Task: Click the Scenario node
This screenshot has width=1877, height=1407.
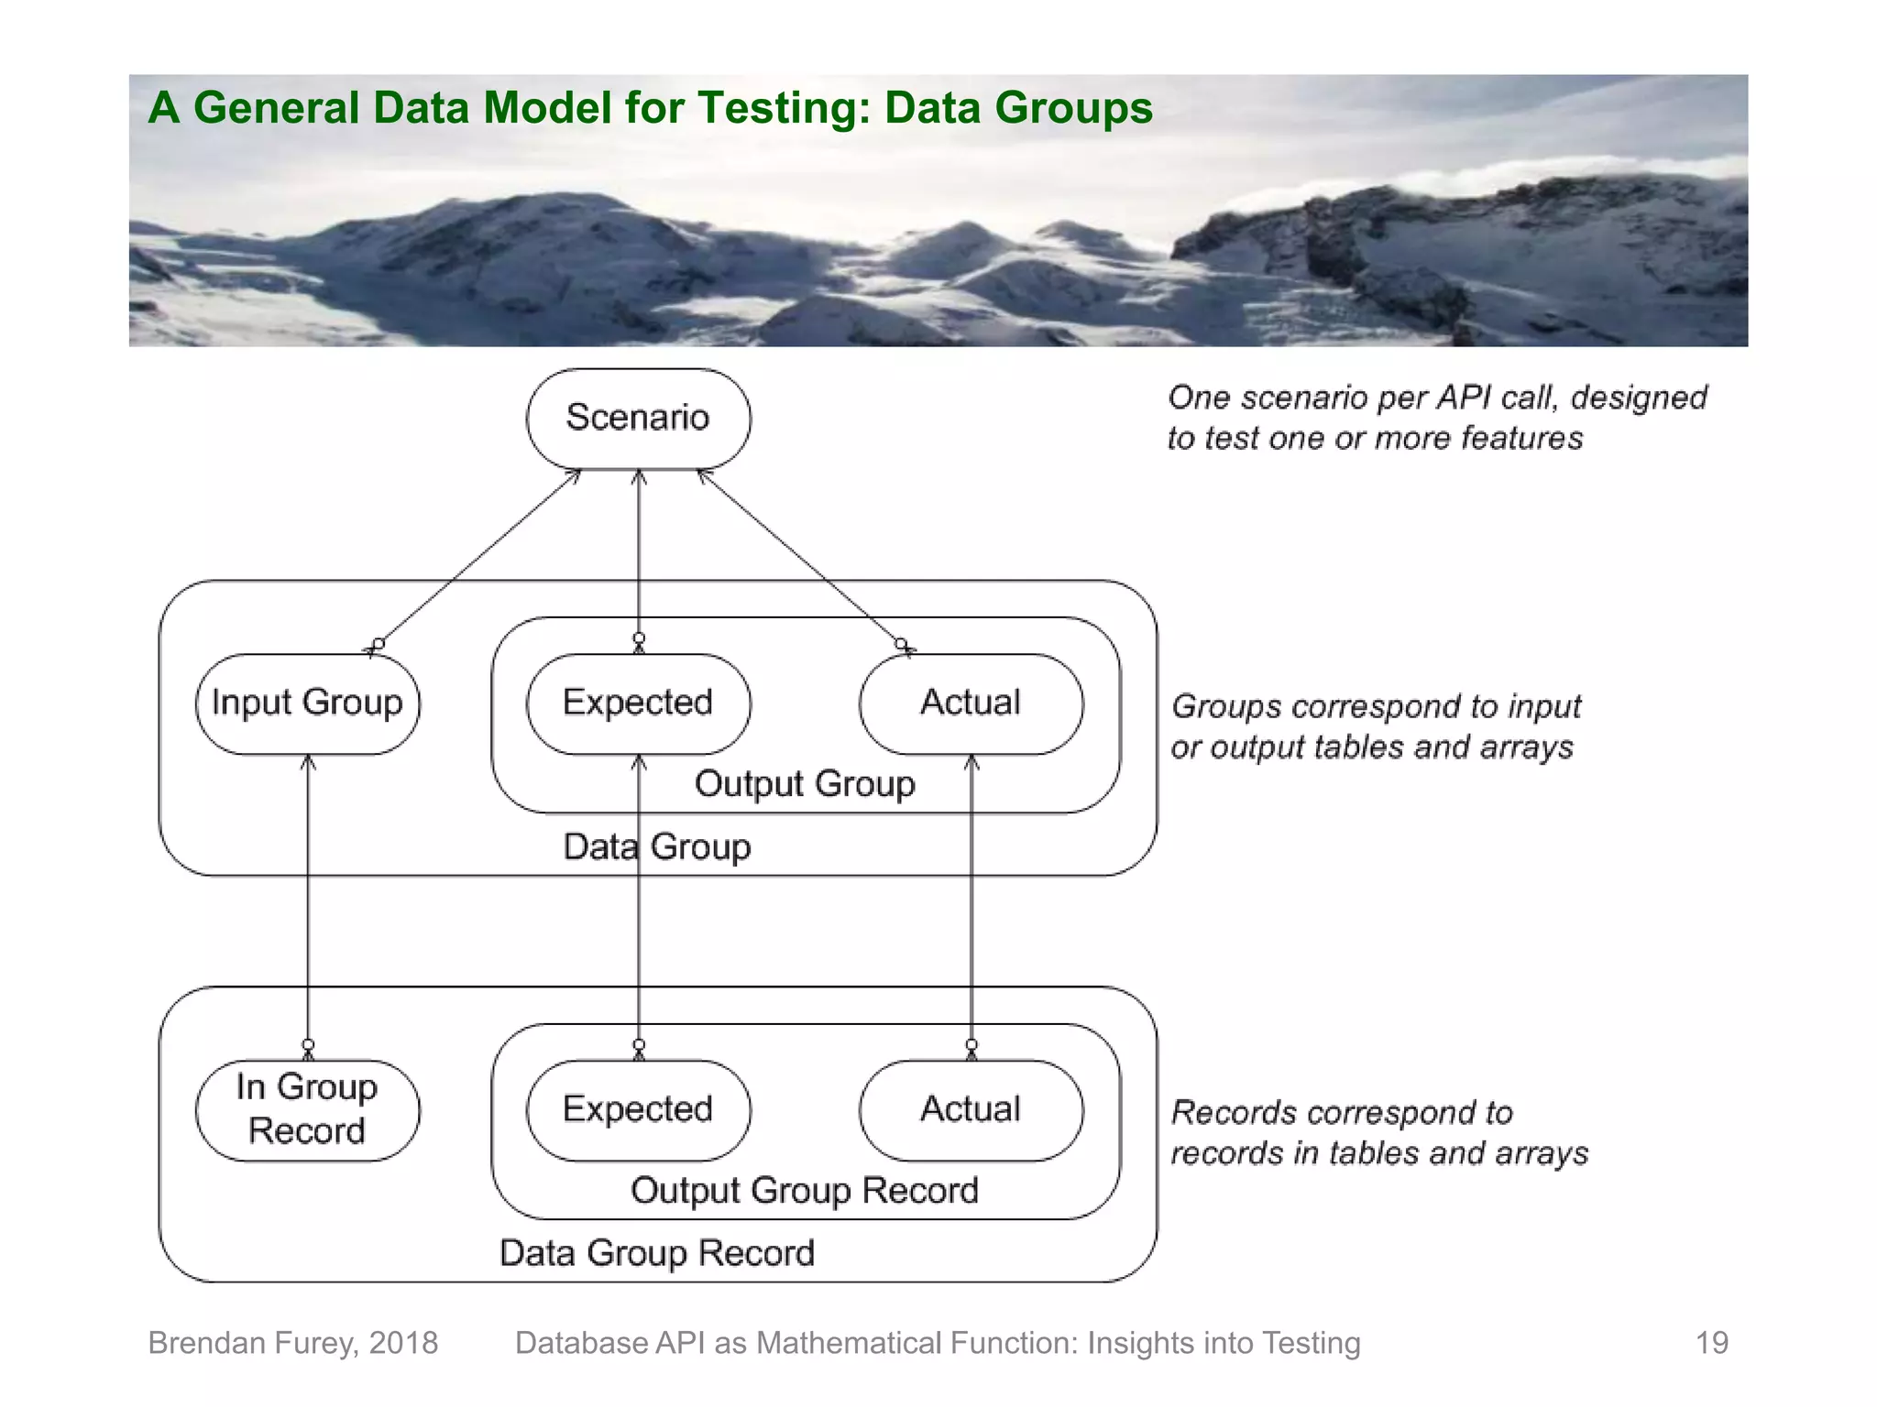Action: click(638, 419)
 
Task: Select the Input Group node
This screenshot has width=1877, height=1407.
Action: click(307, 703)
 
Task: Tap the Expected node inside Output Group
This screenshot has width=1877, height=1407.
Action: click(638, 703)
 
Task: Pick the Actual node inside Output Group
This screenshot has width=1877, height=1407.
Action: click(971, 703)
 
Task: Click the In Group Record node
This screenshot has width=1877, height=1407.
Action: click(307, 1110)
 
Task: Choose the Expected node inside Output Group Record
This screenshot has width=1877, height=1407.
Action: click(638, 1110)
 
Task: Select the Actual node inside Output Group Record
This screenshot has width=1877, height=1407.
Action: click(971, 1110)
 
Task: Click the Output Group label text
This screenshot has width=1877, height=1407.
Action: click(805, 784)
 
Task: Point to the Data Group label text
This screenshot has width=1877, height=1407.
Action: click(657, 847)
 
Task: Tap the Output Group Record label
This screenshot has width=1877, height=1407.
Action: click(805, 1191)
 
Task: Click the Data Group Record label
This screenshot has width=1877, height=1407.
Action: click(657, 1253)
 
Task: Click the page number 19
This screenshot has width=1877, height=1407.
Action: click(1711, 1343)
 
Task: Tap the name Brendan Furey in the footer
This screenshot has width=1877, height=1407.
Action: click(252, 1343)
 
